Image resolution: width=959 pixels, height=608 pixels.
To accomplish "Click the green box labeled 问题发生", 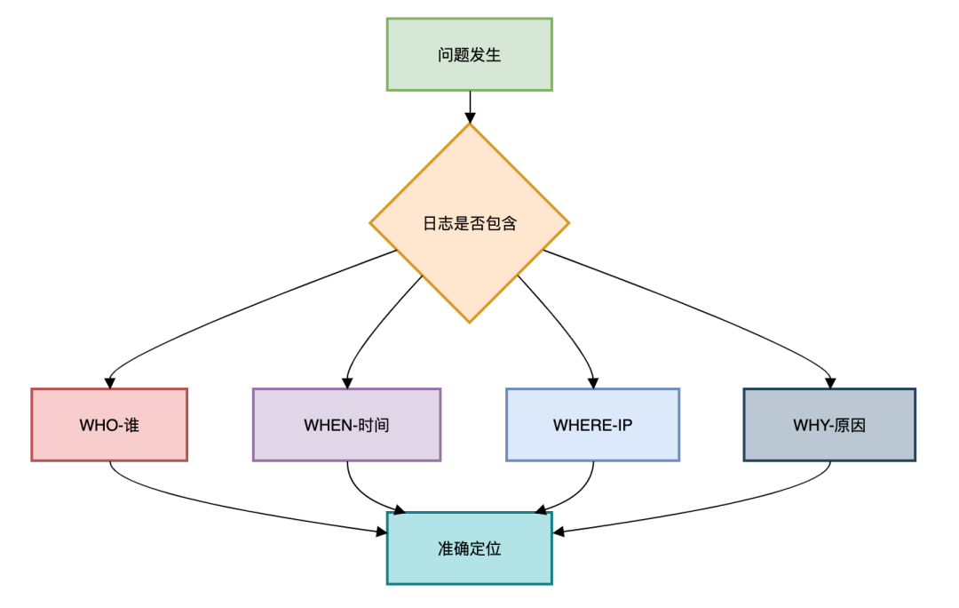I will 469,54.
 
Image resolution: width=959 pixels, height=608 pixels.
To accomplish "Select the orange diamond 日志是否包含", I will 469,223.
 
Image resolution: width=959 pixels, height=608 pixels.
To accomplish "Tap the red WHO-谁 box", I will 109,424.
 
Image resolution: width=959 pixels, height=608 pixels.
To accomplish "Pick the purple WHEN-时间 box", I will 346,424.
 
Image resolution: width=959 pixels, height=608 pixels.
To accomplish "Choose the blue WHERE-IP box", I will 592,424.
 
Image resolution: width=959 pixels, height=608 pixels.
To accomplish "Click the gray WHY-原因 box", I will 828,424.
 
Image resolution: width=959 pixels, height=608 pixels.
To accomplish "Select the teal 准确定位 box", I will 469,548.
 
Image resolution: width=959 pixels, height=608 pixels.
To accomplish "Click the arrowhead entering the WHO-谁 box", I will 109,382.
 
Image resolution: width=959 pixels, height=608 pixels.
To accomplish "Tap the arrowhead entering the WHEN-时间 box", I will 347,382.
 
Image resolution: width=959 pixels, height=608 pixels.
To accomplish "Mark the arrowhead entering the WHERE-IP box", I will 592,382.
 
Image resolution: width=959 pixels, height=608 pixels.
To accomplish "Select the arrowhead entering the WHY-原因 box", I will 829,382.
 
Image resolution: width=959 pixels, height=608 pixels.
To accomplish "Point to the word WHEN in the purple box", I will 328,425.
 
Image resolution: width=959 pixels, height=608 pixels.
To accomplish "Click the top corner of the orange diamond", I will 469,125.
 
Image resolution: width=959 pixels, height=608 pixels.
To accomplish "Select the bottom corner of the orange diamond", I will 469,321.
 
